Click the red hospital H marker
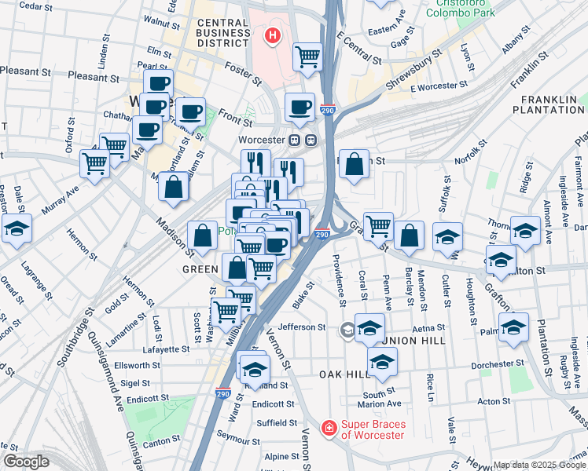click(273, 35)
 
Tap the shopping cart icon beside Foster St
click(307, 56)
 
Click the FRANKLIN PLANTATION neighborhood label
click(551, 104)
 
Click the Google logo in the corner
click(26, 461)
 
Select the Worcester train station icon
click(303, 141)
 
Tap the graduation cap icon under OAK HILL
click(382, 361)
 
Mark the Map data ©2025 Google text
click(539, 465)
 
